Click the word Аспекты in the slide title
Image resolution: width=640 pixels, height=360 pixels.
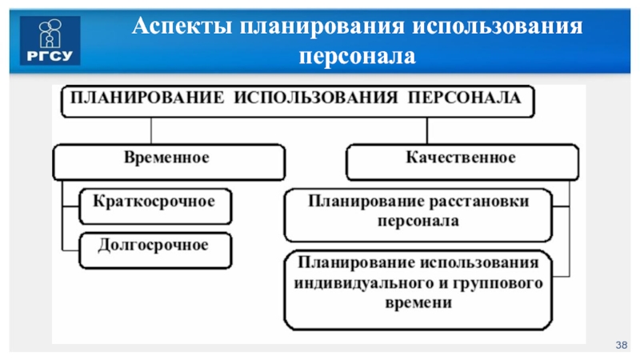pyautogui.click(x=178, y=27)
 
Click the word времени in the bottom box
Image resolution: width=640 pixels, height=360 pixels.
pyautogui.click(x=418, y=304)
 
